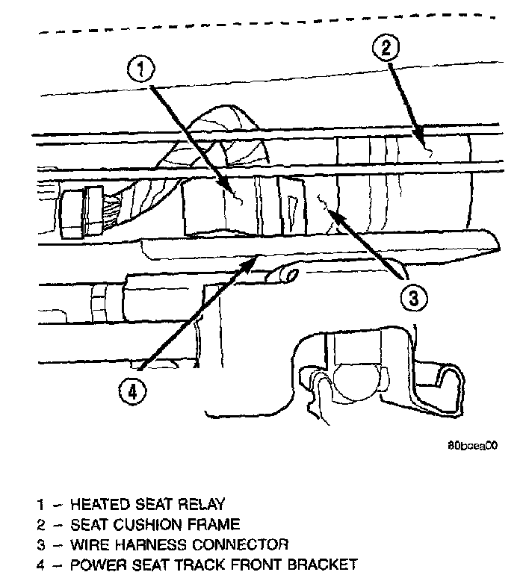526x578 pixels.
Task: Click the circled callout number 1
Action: pos(142,71)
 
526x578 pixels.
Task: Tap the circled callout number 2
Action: pos(385,49)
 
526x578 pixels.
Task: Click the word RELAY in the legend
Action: pos(199,505)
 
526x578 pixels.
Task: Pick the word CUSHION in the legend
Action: pos(136,525)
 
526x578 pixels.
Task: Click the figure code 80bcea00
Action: pos(472,445)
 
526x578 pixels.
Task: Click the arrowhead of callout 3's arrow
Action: pos(329,214)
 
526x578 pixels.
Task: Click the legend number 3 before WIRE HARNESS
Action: pos(41,544)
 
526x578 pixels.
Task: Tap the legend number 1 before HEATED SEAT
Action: pos(41,505)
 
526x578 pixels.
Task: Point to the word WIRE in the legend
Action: pos(87,544)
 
